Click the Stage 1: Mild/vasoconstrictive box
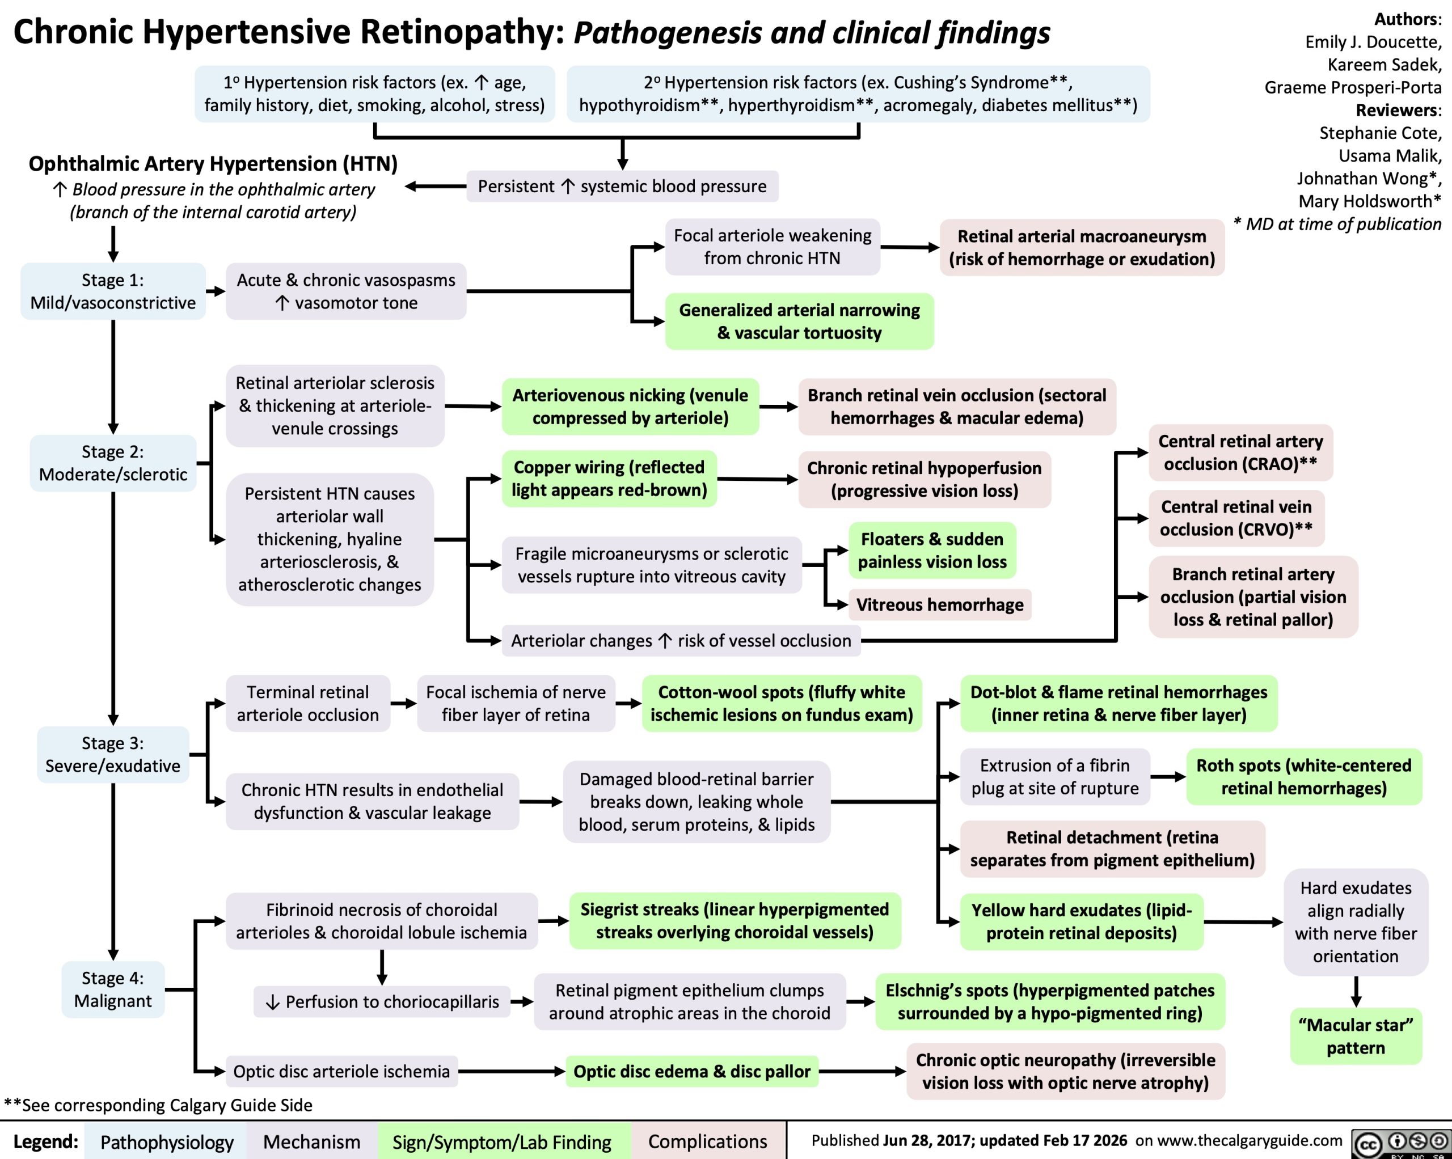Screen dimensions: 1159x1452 click(113, 291)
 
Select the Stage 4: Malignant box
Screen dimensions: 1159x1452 click(113, 989)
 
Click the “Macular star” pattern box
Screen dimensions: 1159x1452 click(1356, 1036)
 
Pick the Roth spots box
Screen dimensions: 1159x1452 click(1304, 776)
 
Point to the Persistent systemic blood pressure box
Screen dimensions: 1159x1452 click(622, 186)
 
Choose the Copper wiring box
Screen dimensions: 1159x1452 click(609, 478)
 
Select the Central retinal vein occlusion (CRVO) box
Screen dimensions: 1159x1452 click(1236, 518)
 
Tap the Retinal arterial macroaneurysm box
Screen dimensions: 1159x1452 click(1082, 247)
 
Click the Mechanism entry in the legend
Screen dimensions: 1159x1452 click(311, 1141)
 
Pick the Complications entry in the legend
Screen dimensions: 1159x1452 click(707, 1141)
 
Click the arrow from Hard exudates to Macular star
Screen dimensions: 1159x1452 click(1356, 991)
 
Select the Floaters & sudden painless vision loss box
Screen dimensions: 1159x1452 click(932, 550)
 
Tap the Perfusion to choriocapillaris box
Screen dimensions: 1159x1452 click(382, 1001)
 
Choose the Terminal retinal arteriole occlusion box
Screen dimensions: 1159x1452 click(308, 703)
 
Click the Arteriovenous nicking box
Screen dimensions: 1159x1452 click(630, 406)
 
